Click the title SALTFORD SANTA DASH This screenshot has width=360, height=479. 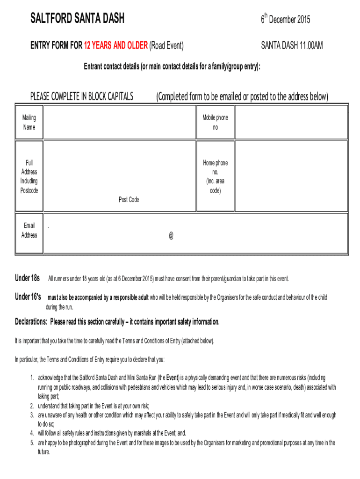[77, 19]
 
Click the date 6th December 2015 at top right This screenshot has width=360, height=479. [285, 19]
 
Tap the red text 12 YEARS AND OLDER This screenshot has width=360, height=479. [115, 45]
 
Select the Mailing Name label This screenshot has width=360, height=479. [29, 123]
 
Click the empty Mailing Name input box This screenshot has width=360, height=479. [119, 122]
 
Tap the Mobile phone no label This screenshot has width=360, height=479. [215, 123]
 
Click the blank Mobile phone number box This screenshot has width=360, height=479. [291, 122]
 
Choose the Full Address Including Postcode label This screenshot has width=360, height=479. [29, 176]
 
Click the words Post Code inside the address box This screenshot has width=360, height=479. [129, 200]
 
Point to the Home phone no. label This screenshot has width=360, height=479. [215, 176]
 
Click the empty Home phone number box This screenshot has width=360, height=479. [291, 176]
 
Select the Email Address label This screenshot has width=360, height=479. [29, 230]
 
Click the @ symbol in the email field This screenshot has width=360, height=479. [171, 236]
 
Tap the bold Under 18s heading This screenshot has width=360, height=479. [28, 278]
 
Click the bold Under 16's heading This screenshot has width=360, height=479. [28, 297]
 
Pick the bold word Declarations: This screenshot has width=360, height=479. [31, 322]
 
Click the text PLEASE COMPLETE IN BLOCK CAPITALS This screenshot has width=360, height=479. [82, 97]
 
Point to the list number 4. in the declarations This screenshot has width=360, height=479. [32, 433]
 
